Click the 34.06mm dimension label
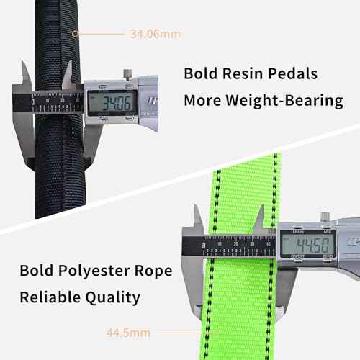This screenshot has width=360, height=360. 156,34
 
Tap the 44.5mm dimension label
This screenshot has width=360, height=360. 128,333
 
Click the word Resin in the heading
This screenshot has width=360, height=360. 242,73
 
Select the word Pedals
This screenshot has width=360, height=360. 292,73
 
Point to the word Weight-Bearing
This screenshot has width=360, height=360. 284,101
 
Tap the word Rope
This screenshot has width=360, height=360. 153,271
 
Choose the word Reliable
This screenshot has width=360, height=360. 50,297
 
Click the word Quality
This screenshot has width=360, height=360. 112,298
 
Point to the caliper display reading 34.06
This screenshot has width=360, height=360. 112,103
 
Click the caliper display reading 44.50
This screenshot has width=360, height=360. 308,244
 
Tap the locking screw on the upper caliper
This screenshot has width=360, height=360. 127,74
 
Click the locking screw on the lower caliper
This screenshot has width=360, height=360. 325,216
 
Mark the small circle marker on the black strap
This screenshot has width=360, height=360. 75,34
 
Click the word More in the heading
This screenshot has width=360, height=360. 202,100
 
